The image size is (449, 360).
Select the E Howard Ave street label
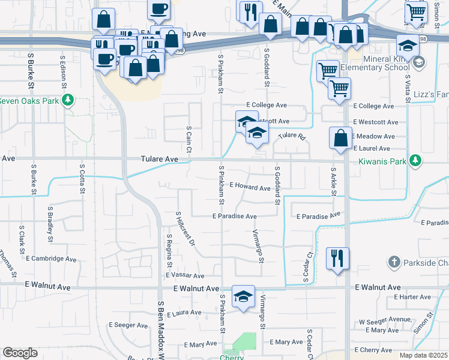point(250,188)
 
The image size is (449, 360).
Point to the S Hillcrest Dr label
point(185,229)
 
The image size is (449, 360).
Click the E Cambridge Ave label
point(51,259)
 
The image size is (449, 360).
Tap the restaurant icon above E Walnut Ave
point(337,259)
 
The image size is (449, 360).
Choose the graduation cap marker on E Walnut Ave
point(243,296)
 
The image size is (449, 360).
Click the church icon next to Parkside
point(394,262)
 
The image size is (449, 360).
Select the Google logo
point(20,353)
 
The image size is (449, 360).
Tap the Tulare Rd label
point(292,137)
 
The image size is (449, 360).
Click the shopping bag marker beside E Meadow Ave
point(340,137)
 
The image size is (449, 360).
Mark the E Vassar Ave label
point(185,276)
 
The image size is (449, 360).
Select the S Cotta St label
point(82,178)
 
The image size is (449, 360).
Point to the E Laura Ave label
point(184,313)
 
